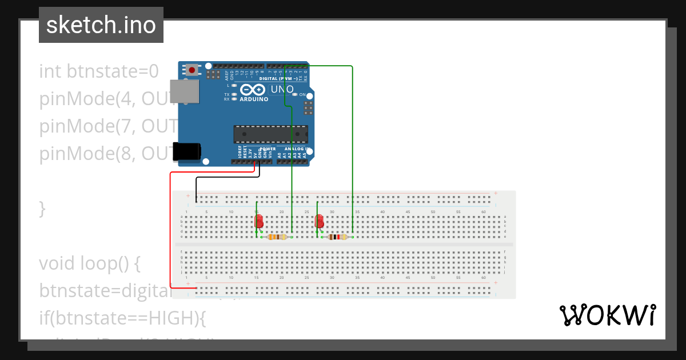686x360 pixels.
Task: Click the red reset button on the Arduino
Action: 192,70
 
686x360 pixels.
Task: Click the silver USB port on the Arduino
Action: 185,91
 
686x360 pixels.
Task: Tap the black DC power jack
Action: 187,151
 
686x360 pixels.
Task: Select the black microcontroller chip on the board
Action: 270,134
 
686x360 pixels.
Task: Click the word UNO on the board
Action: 282,90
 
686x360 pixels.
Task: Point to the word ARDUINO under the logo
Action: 254,99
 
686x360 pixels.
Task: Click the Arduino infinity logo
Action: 252,90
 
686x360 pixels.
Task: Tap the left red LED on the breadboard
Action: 259,221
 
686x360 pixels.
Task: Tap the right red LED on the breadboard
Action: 320,221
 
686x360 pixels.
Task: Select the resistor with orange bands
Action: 277,237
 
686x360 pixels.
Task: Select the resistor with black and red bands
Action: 338,237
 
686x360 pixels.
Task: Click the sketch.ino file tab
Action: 101,25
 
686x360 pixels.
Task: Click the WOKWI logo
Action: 607,315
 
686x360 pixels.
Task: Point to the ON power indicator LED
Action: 295,94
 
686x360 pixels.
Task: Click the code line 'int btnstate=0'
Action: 98,71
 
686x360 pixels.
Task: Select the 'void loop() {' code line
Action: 89,263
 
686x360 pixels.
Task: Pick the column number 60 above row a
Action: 484,212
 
